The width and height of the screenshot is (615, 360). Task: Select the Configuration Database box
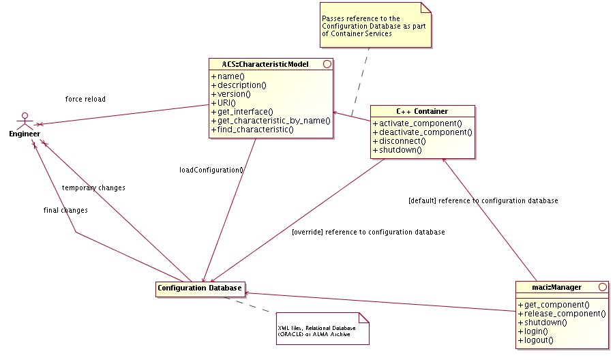(x=199, y=288)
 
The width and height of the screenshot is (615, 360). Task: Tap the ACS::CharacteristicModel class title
(x=265, y=64)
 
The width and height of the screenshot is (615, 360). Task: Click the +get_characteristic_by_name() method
(x=271, y=121)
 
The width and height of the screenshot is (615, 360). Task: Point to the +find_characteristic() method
(x=252, y=130)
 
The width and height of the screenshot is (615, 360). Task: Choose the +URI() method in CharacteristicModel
(x=223, y=103)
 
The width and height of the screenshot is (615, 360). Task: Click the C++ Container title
(x=421, y=110)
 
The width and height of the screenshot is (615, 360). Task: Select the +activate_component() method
(x=417, y=123)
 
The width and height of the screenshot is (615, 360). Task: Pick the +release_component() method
(x=562, y=314)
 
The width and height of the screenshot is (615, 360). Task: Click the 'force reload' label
(x=85, y=100)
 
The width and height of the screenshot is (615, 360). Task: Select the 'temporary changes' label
(x=93, y=187)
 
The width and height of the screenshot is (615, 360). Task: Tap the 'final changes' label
(x=65, y=211)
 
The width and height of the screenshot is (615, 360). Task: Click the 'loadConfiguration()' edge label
(x=207, y=170)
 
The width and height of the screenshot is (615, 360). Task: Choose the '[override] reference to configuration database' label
(x=368, y=232)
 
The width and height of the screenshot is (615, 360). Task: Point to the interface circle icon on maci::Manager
(x=602, y=287)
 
